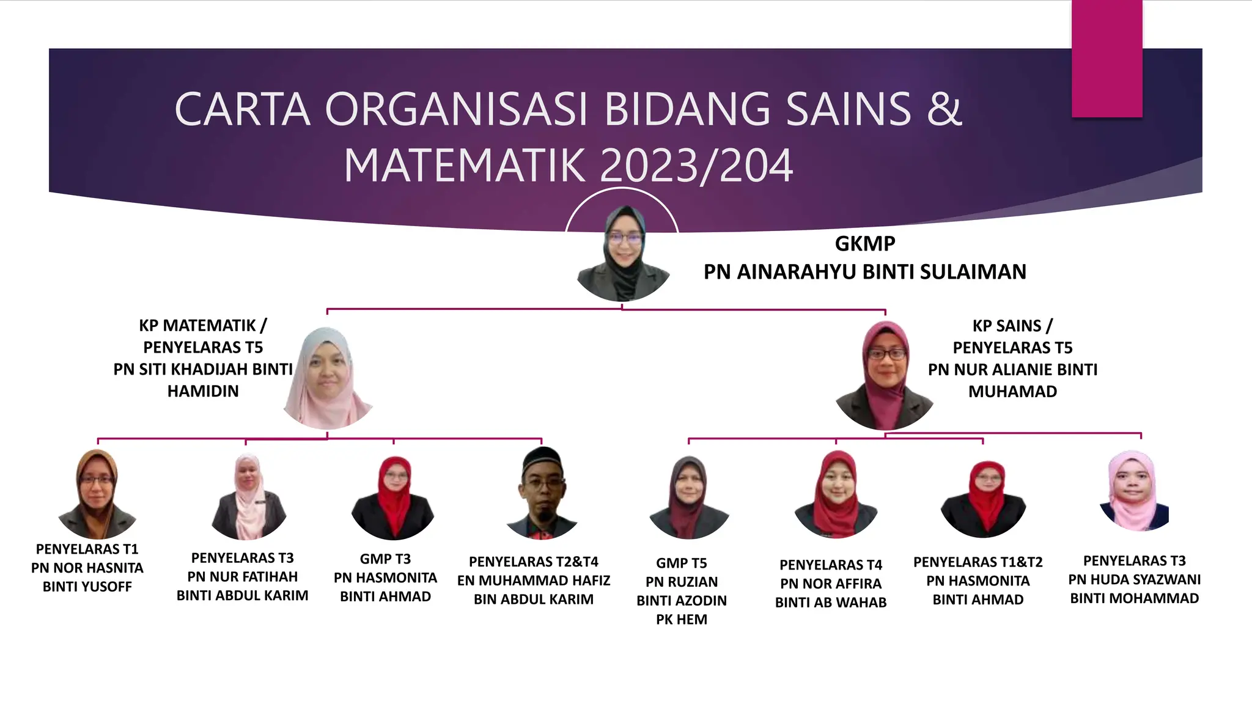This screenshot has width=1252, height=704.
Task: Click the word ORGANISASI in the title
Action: point(455,109)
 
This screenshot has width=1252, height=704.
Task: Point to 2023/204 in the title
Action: point(696,166)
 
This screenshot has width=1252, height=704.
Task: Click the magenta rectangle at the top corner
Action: point(1107,59)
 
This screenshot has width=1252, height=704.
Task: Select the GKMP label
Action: point(864,244)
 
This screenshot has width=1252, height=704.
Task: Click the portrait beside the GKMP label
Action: point(623,254)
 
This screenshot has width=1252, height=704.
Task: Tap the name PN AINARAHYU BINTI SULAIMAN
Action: point(864,272)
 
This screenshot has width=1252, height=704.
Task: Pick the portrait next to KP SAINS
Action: point(885,376)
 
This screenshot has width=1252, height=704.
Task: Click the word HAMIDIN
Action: point(203,391)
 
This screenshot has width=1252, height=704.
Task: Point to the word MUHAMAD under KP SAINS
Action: point(1012,392)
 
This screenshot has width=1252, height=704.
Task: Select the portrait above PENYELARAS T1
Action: point(97,494)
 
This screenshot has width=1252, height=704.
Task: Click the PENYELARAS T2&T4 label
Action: point(533,562)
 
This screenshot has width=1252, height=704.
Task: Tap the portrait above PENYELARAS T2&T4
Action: point(542,494)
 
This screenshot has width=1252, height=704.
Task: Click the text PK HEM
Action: point(681,620)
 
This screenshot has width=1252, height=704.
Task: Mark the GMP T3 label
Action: point(385,559)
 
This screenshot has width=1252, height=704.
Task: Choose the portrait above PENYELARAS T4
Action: point(836,494)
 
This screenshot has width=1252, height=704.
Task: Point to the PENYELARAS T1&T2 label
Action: point(978,562)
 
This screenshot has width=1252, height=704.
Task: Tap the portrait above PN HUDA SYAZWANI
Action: point(1133,491)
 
